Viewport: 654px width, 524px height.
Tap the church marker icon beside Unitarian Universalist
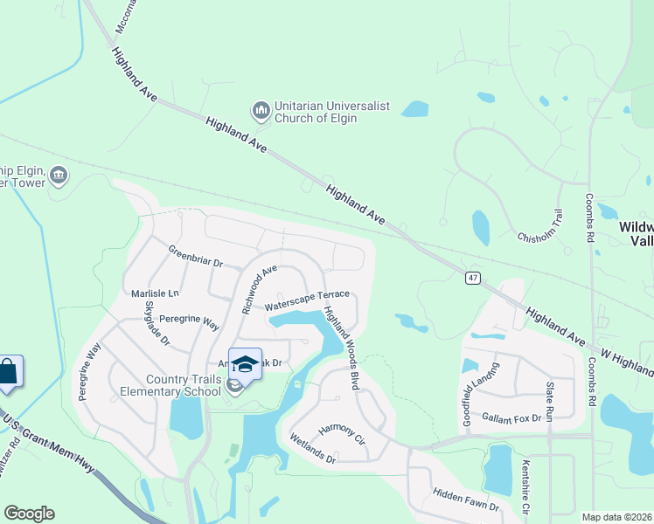click(x=261, y=111)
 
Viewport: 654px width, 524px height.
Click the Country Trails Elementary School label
click(x=184, y=385)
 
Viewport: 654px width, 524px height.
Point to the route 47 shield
click(x=472, y=278)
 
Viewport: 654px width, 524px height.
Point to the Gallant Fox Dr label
click(x=511, y=419)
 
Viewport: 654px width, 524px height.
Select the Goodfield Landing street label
click(x=478, y=386)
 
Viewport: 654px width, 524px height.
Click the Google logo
click(x=29, y=514)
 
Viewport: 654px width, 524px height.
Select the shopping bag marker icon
click(x=8, y=371)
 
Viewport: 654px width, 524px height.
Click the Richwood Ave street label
click(x=259, y=289)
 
